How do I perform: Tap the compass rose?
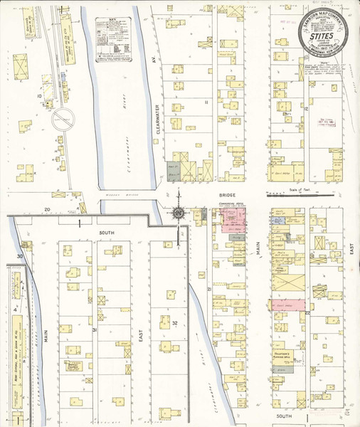click(x=177, y=211)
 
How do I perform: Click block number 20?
click(x=47, y=209)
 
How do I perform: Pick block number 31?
click(x=93, y=330)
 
